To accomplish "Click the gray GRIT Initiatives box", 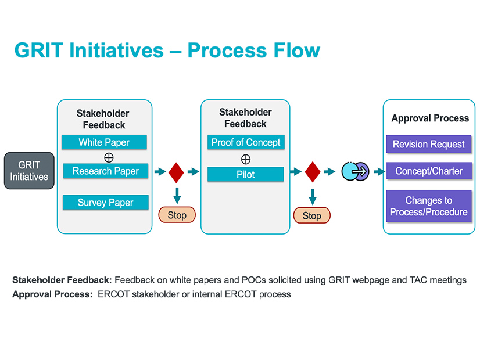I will point(30,171).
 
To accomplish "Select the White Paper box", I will point(105,142).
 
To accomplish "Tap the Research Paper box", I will point(106,171).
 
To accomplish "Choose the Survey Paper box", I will point(106,203).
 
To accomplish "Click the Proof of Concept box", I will point(246,142).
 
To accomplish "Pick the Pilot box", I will point(246,174).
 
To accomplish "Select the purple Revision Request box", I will point(429,145).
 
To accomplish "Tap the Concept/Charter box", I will point(429,171).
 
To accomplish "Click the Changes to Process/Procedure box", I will point(429,206).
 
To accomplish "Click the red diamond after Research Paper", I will point(176,172).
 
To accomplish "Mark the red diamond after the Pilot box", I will point(313,172).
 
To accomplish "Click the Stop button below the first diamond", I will point(177,215).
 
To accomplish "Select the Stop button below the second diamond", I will point(312,215).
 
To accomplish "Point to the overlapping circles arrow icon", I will point(355,171).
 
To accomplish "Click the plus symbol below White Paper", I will point(109,157).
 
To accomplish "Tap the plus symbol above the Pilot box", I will point(246,159).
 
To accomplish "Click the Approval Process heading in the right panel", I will point(430,118).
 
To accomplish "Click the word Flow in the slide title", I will point(293,51).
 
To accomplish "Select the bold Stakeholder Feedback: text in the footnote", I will point(62,280).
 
